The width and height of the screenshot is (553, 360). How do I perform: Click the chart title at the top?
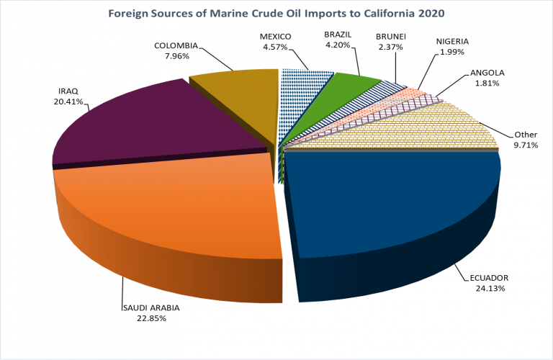(x=276, y=13)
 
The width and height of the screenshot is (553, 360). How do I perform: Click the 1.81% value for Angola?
(x=487, y=84)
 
